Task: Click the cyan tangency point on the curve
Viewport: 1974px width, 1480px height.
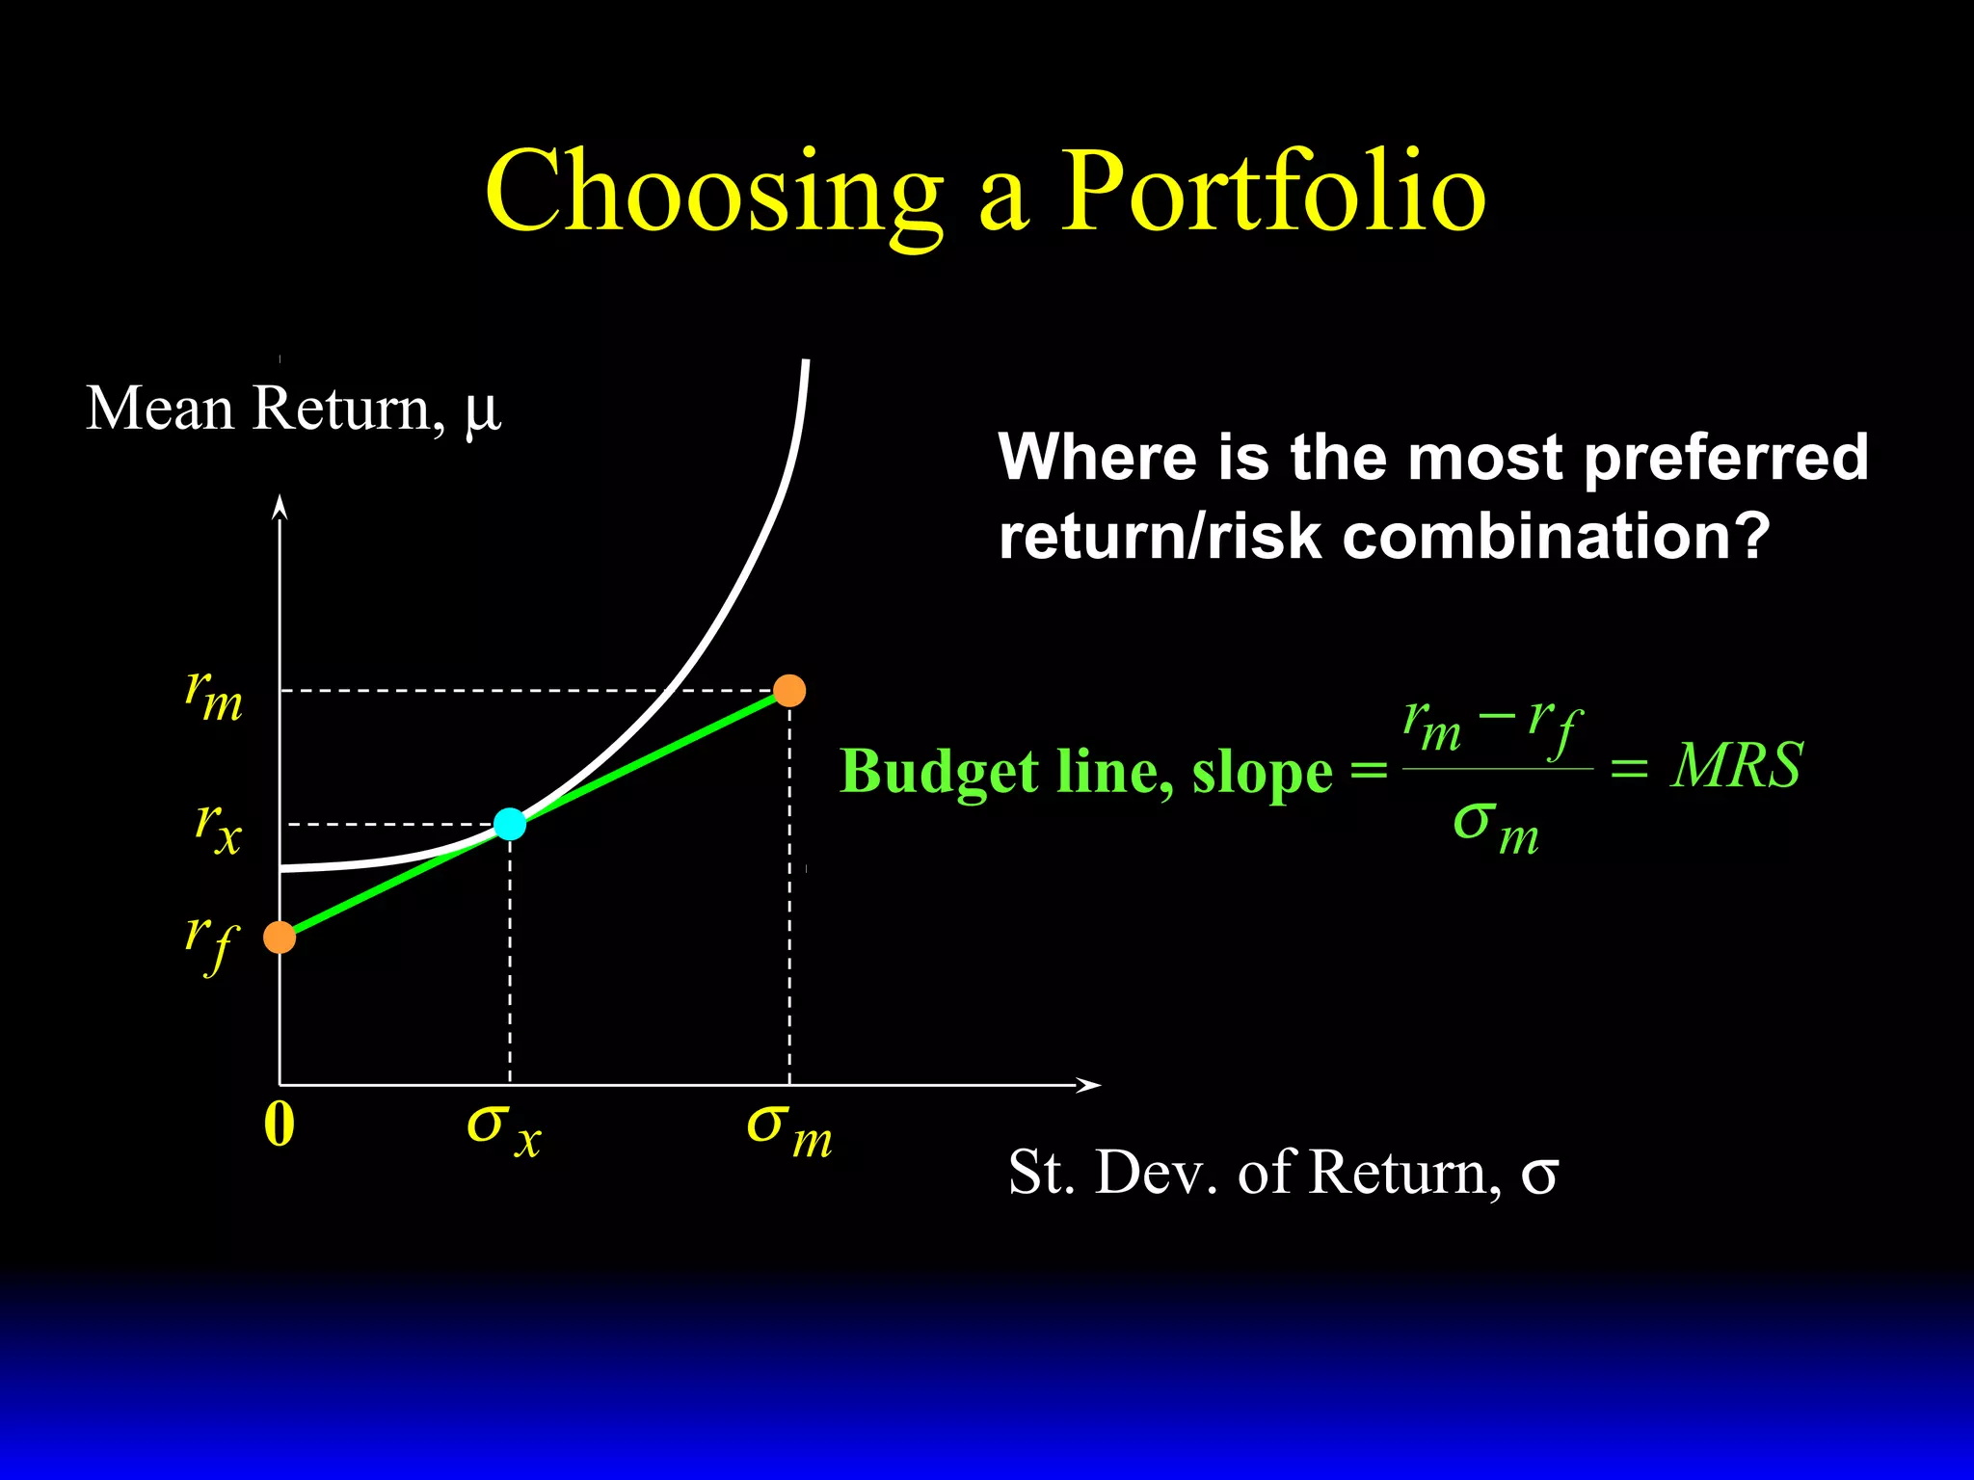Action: tap(510, 824)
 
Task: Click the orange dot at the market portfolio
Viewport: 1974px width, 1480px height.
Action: tap(789, 691)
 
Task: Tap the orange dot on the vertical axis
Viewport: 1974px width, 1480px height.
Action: tap(280, 937)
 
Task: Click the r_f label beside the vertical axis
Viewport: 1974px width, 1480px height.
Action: tap(211, 941)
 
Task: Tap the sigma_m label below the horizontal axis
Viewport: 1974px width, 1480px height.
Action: tap(788, 1130)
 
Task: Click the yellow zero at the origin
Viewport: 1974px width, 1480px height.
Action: tap(279, 1124)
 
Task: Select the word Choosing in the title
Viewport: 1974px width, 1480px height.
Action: tap(713, 193)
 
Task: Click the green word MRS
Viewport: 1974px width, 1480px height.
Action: tap(1736, 767)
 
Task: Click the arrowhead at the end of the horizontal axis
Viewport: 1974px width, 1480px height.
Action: tap(1090, 1085)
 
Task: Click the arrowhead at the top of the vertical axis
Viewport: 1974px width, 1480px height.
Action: tap(280, 507)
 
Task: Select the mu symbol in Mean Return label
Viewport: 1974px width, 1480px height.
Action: tap(482, 411)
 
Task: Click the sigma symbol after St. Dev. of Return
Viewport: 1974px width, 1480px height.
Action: tap(1539, 1174)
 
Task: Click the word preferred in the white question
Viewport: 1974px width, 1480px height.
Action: tap(1725, 458)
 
